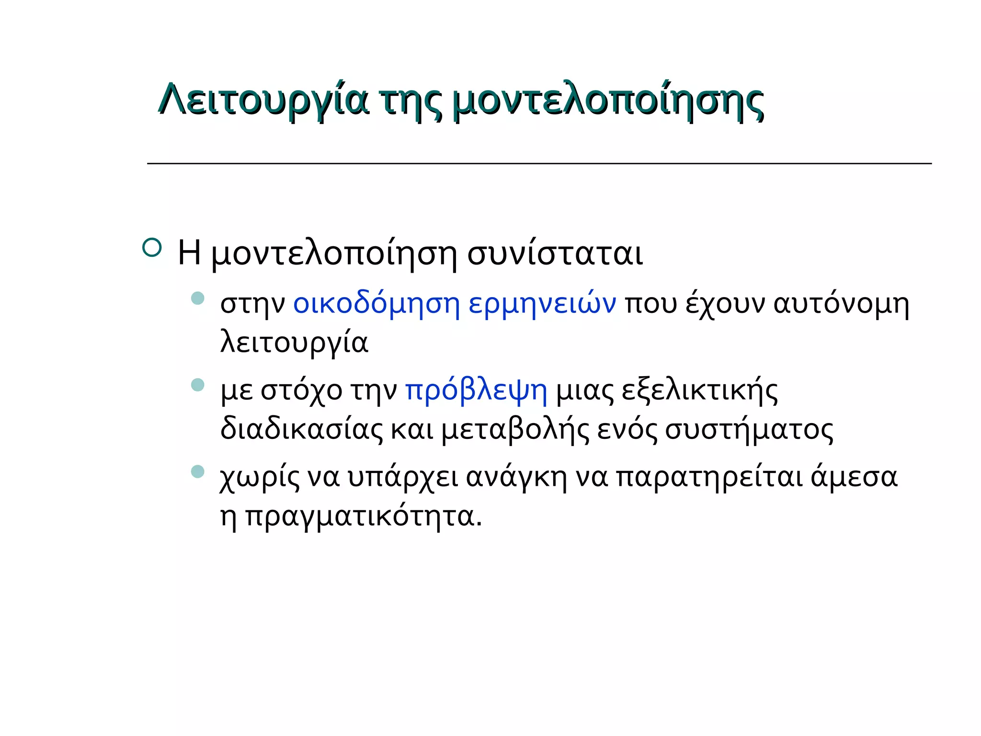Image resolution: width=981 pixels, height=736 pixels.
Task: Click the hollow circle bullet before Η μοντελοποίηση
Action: pos(152,248)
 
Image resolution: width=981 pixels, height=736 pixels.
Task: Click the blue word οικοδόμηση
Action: pos(376,304)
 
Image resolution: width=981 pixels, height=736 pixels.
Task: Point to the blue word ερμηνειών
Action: pos(542,304)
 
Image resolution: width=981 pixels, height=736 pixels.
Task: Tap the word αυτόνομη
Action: pos(841,304)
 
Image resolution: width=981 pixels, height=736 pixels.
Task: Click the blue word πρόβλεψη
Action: pos(476,391)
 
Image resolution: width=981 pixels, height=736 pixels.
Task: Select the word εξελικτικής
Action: pos(699,391)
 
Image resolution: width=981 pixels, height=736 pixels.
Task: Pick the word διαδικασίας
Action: pos(301,429)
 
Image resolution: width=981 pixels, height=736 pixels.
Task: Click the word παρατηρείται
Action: pos(709,478)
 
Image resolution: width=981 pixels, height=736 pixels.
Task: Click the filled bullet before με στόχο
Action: pos(197,385)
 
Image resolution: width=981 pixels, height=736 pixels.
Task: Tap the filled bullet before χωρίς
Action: pos(197,471)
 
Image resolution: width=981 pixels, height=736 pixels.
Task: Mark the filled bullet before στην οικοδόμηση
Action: pos(197,299)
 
